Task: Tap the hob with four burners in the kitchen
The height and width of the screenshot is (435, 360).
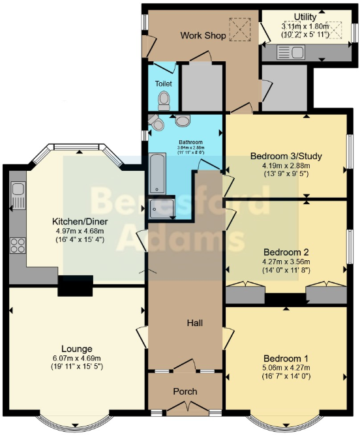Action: click(18, 246)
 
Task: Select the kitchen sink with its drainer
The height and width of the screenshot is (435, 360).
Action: click(18, 194)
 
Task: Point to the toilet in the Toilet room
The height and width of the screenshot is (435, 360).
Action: click(164, 100)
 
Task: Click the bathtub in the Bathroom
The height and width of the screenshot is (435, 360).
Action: click(157, 174)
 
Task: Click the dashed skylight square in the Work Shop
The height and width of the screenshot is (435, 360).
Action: click(239, 29)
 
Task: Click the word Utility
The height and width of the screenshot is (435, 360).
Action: click(305, 16)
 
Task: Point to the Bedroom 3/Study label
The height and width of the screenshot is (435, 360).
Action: click(286, 156)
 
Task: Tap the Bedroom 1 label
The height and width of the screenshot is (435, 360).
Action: click(286, 359)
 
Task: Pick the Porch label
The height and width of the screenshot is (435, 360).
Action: click(185, 391)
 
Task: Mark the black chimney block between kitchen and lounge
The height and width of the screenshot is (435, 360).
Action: click(75, 286)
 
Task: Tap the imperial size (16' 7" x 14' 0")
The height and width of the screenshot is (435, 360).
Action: click(286, 377)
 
